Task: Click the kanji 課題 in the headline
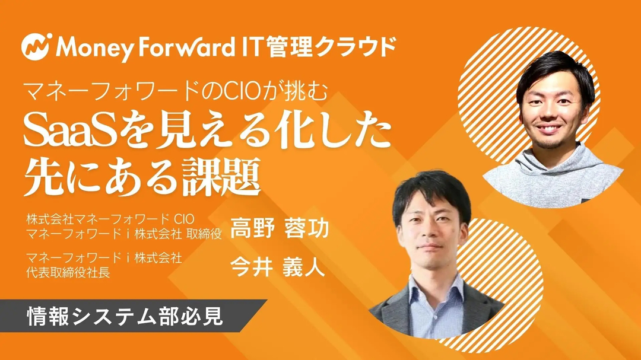coord(221,177)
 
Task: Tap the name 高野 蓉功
coord(280,228)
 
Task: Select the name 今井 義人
coord(278,266)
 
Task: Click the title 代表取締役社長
coord(68,273)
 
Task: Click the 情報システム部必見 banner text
coord(125,316)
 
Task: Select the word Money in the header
coord(94,47)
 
